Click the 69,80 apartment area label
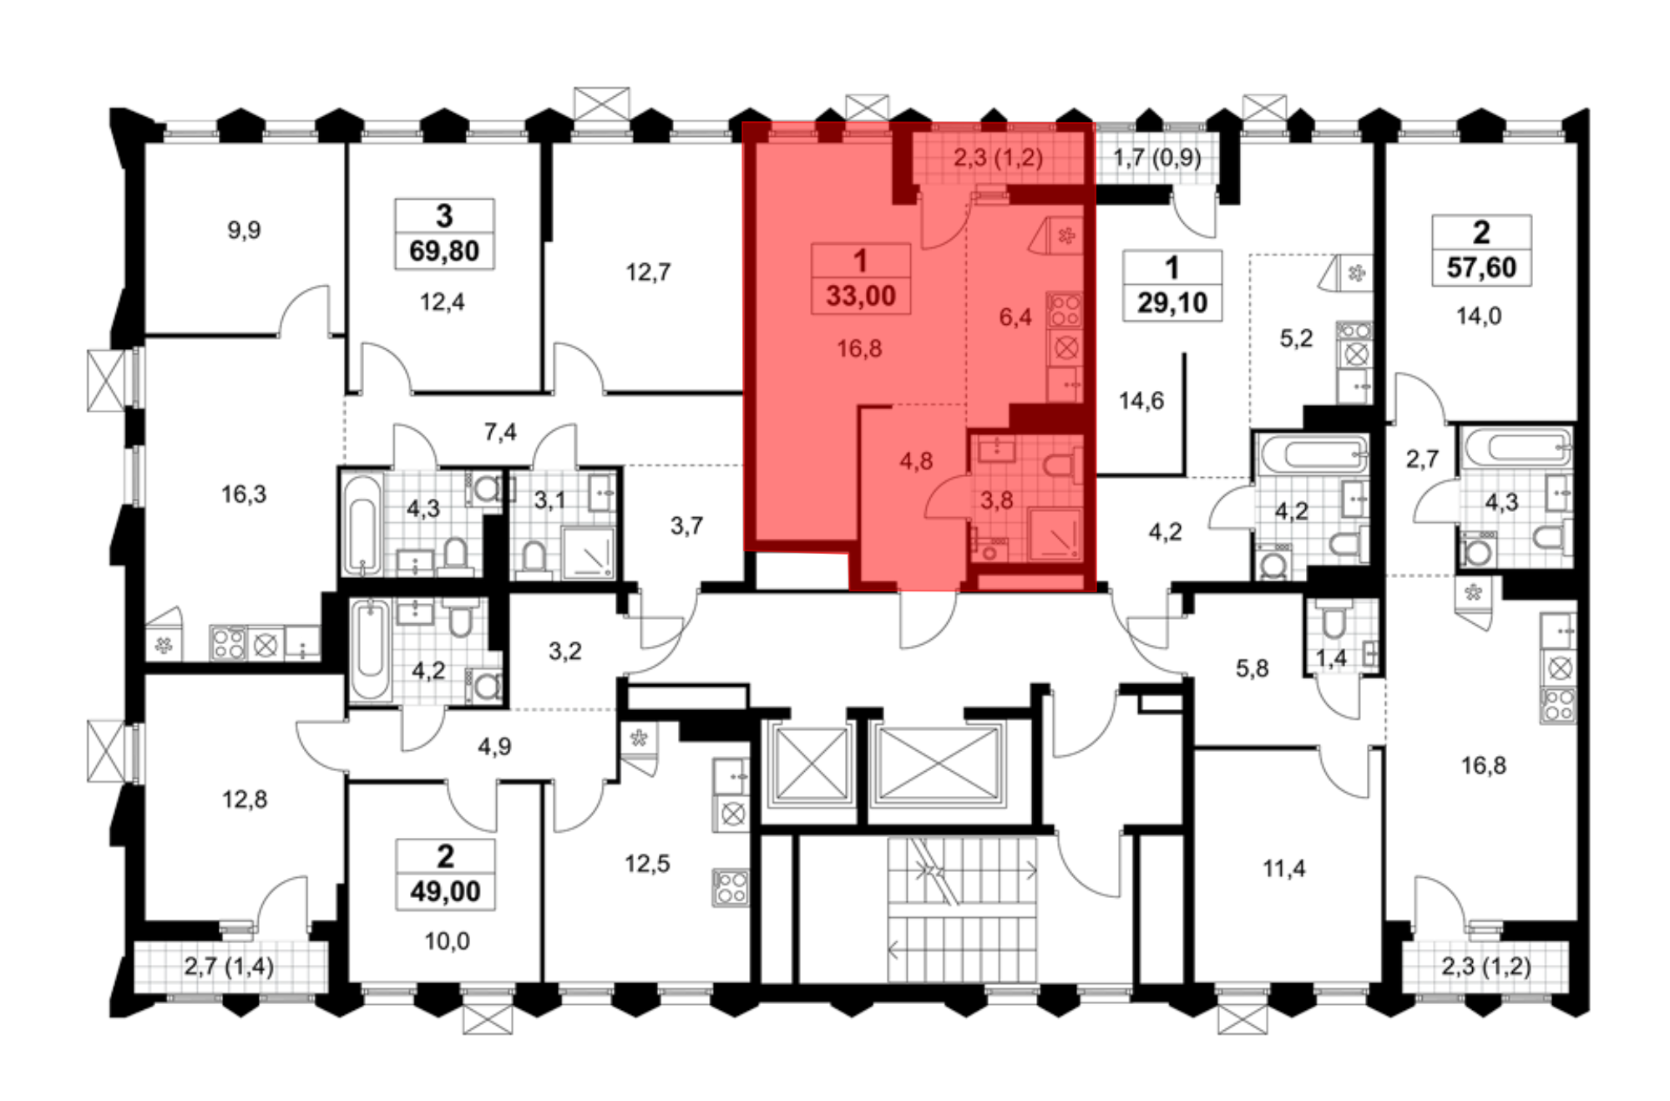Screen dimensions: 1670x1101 [444, 251]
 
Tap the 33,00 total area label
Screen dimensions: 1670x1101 [861, 296]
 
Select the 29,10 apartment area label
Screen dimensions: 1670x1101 [1172, 302]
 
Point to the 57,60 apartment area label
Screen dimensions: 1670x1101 [1481, 267]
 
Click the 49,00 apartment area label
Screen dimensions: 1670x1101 [445, 891]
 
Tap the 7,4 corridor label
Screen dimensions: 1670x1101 [500, 432]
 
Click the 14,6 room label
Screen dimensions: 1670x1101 [1141, 401]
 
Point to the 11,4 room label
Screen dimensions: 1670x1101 [1284, 869]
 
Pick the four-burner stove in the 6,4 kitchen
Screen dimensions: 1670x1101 [1065, 310]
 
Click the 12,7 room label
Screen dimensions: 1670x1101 [648, 272]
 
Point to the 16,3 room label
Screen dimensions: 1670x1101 [244, 495]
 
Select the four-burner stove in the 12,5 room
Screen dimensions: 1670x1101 [731, 888]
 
